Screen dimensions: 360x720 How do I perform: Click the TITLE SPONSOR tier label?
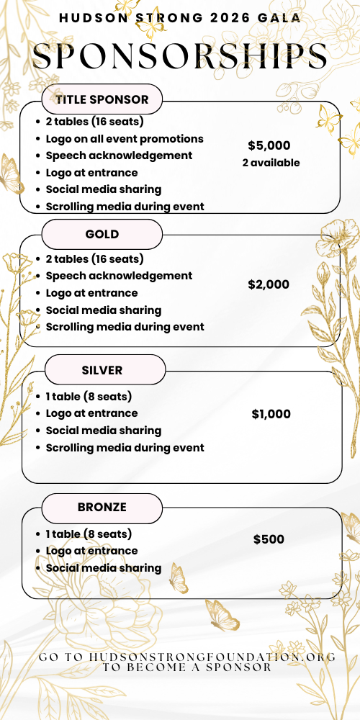click(102, 99)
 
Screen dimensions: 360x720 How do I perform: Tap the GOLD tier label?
click(102, 234)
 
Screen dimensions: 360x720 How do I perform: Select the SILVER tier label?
click(102, 370)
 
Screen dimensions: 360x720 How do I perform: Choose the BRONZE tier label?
click(102, 507)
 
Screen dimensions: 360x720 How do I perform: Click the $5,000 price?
click(269, 145)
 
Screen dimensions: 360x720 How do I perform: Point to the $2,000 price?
click(269, 284)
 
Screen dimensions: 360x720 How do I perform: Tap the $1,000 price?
click(271, 414)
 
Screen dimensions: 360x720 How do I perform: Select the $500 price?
click(269, 539)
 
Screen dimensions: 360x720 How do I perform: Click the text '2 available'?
click(271, 163)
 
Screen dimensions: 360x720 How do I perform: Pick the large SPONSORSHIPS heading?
click(180, 56)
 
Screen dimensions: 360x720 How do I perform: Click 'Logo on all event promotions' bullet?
click(125, 138)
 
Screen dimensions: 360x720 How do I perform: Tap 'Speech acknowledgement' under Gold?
click(119, 276)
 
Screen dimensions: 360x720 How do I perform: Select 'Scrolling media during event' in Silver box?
click(125, 448)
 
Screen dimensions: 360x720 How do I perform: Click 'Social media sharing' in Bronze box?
click(104, 568)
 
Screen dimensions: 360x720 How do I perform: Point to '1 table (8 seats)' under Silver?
click(89, 396)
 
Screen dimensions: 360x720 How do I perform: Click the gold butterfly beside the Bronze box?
click(178, 577)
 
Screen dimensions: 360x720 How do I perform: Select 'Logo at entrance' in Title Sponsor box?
click(91, 173)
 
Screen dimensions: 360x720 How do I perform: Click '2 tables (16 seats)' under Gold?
click(94, 258)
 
